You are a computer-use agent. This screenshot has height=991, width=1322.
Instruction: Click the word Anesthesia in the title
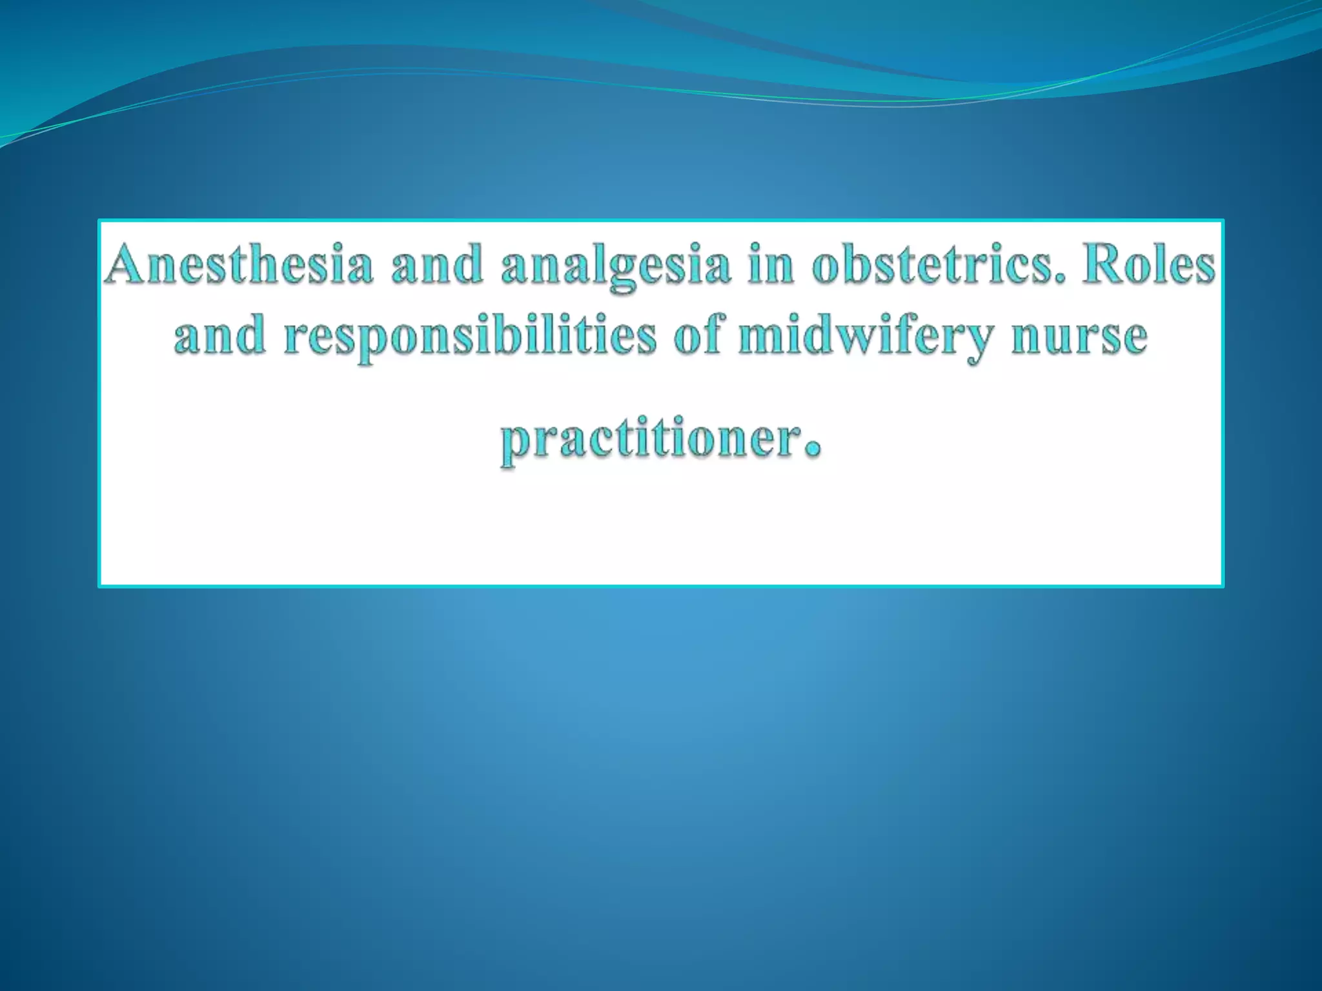point(239,265)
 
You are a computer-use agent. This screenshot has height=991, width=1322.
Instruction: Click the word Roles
point(1148,265)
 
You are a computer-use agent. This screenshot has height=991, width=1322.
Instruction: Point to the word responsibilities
point(470,337)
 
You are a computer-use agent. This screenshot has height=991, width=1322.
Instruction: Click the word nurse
point(1079,337)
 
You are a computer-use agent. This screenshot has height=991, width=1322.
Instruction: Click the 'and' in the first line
point(437,265)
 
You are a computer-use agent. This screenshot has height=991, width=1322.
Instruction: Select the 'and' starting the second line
point(219,337)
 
